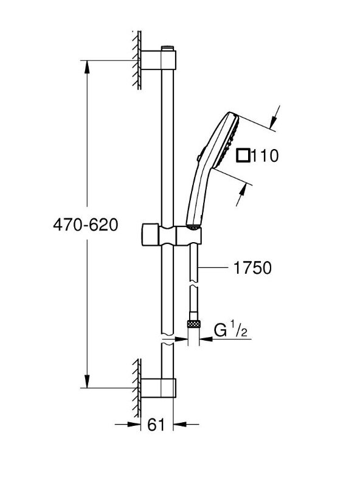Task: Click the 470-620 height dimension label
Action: (x=85, y=226)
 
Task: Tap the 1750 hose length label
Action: (x=252, y=268)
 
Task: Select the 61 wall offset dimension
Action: (x=156, y=425)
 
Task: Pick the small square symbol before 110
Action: (x=243, y=156)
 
